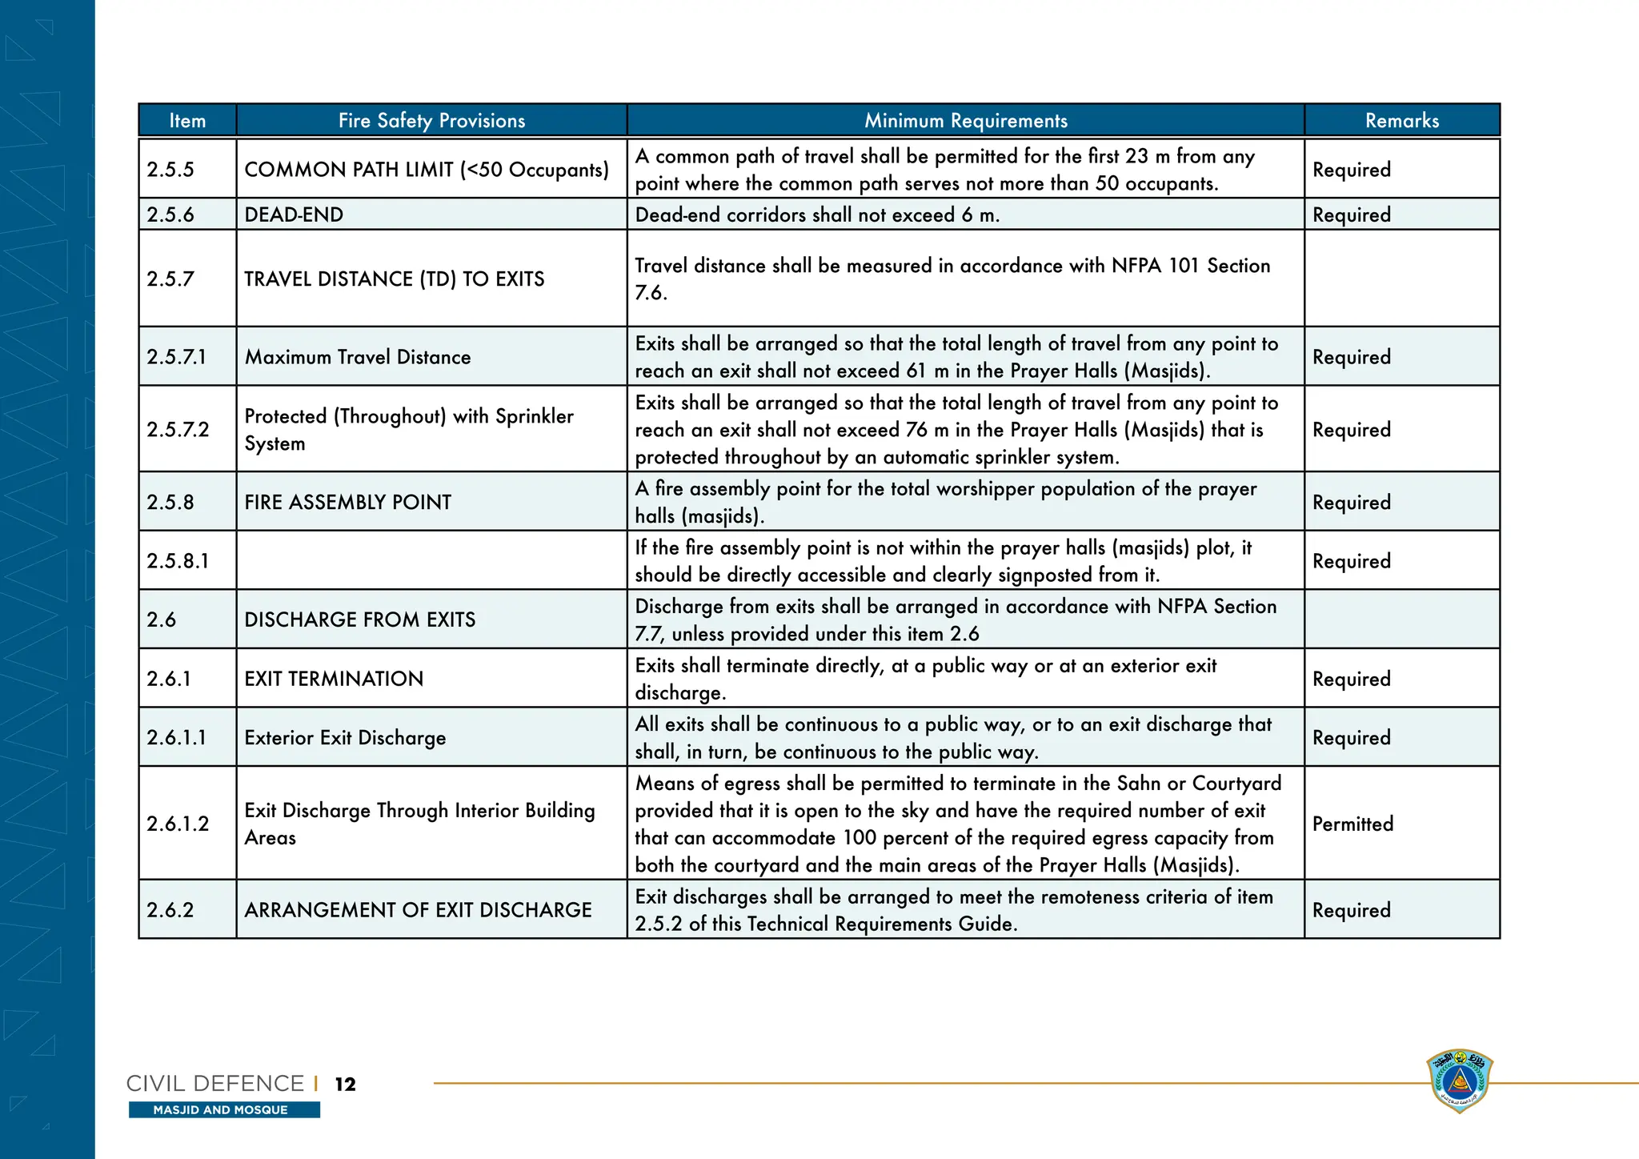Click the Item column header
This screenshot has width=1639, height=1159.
click(187, 121)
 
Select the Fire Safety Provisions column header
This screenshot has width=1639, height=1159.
click(431, 121)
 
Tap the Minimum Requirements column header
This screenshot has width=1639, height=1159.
click(965, 121)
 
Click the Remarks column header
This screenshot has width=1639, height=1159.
click(1401, 121)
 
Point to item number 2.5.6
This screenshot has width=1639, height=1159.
click(170, 215)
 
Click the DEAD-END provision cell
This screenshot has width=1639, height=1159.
click(294, 215)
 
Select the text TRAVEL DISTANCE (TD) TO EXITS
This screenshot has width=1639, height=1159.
click(394, 279)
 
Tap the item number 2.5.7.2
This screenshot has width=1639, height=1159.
click(178, 430)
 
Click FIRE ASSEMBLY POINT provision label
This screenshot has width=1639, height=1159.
click(347, 502)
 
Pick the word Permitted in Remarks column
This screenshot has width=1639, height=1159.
click(1352, 824)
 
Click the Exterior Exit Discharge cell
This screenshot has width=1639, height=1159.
click(345, 737)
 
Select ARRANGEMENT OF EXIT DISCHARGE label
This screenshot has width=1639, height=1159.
click(418, 910)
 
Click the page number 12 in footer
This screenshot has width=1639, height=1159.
click(345, 1085)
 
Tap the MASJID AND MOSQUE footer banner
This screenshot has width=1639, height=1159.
click(223, 1110)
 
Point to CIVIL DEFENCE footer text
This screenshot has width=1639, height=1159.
click(215, 1084)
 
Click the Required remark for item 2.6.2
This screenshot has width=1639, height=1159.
click(1351, 910)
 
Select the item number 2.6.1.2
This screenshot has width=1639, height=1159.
click(178, 824)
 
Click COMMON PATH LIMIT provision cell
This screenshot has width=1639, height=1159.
click(426, 170)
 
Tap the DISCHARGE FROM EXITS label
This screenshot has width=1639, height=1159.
click(359, 620)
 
